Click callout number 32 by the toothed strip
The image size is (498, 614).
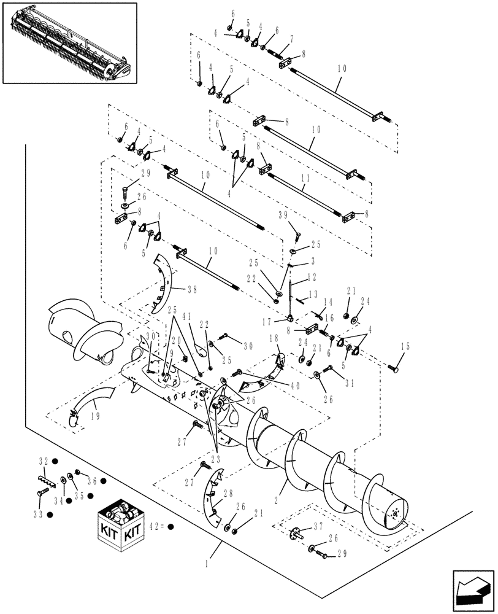pos(44,460)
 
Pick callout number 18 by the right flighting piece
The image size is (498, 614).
pos(274,338)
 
